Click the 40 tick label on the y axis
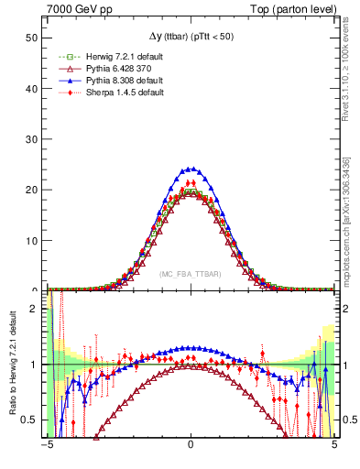(x=33, y=89)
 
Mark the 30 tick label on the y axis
(x=33, y=139)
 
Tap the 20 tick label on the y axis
(x=33, y=190)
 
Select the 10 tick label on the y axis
(x=33, y=240)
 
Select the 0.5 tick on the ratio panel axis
(x=32, y=420)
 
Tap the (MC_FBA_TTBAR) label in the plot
(x=191, y=274)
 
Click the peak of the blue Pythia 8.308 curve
(x=191, y=169)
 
